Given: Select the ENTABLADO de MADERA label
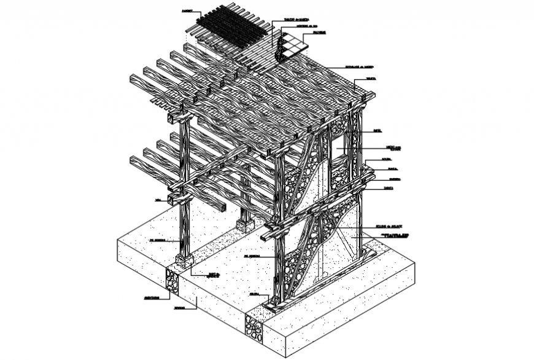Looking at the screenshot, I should tap(360, 67).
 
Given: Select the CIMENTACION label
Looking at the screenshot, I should tap(153, 298).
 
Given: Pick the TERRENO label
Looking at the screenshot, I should tap(179, 308).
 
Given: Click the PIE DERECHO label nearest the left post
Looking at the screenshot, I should tap(158, 240).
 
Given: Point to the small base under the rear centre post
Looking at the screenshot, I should tap(246, 225).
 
